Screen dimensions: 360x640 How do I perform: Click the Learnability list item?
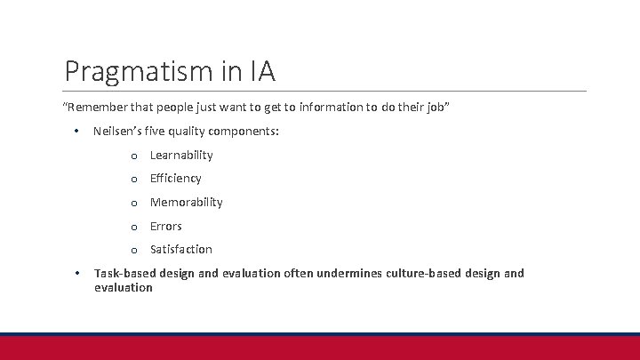coord(181,155)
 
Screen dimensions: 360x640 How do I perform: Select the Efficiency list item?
coord(176,179)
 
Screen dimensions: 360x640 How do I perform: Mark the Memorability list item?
coord(187,203)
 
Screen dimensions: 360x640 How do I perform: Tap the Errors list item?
coord(166,227)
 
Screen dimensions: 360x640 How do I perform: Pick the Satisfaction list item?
coord(181,250)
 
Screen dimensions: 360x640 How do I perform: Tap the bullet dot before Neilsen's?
coord(77,132)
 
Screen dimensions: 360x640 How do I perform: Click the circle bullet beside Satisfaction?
coord(133,251)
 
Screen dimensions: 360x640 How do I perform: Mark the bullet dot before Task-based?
coord(77,273)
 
